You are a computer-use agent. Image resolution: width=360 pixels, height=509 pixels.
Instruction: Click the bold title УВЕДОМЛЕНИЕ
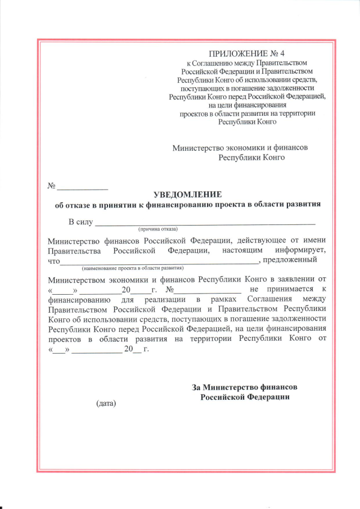click(187, 193)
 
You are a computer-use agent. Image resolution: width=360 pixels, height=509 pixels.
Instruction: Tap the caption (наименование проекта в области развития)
click(133, 268)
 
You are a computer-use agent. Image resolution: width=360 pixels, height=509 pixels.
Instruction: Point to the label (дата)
click(106, 403)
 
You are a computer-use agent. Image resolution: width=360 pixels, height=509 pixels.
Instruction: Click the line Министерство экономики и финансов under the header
click(240, 147)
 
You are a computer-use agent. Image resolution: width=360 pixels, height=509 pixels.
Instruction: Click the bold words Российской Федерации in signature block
click(245, 397)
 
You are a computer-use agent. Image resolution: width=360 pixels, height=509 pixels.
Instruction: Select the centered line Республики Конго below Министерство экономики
click(251, 157)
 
